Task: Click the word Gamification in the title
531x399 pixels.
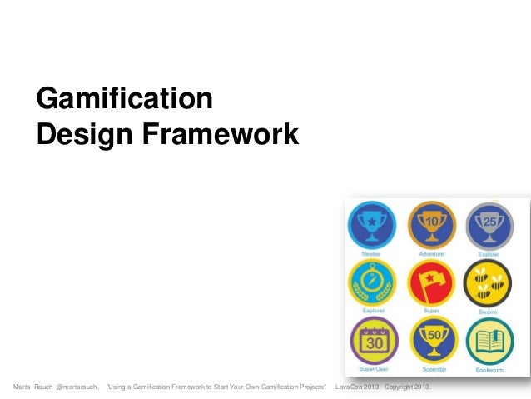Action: pos(125,100)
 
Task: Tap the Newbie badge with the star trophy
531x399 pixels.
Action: pos(372,224)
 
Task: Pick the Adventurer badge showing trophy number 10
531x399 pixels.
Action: pos(431,224)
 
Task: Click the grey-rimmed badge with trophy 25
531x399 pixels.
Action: pos(489,224)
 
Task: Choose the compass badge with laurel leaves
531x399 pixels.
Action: pos(372,282)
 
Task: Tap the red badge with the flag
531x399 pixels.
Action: pos(431,282)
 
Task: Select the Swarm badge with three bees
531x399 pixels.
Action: pos(489,282)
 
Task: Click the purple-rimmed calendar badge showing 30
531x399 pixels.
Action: pos(372,339)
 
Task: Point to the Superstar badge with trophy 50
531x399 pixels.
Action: pos(431,339)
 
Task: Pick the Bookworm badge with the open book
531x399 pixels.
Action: pos(489,339)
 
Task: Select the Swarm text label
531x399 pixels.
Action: pos(489,310)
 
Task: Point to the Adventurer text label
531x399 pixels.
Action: pos(431,252)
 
